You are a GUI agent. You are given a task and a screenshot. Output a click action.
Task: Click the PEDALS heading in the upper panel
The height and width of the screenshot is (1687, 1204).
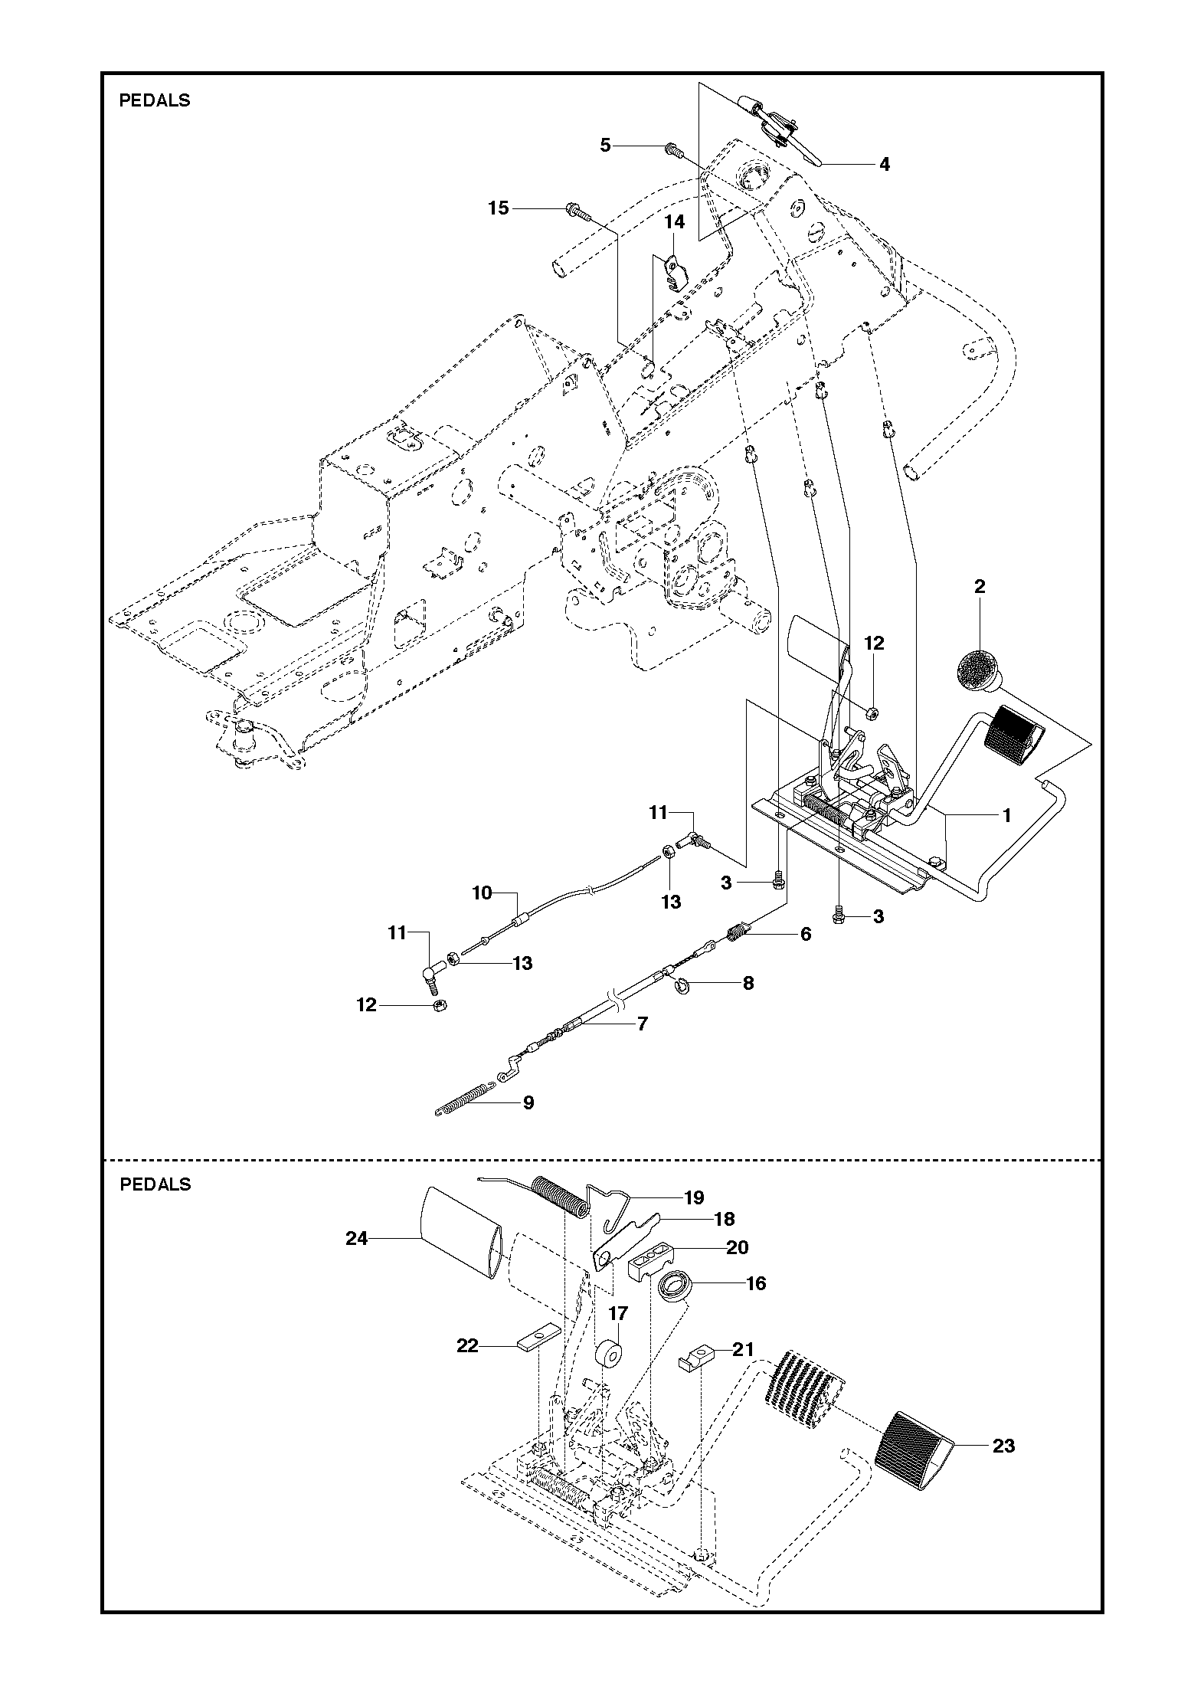pos(154,100)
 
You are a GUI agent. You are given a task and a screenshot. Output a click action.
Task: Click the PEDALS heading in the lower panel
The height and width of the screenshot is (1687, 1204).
pos(155,1184)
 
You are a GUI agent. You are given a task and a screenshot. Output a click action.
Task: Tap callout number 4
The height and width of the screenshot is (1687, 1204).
pos(884,164)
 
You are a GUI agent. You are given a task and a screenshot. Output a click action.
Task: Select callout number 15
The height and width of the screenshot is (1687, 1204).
pos(499,208)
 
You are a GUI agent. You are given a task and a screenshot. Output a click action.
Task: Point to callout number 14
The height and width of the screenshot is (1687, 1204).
pos(674,222)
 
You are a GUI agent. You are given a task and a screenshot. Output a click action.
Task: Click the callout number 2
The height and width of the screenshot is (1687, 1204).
pos(980,587)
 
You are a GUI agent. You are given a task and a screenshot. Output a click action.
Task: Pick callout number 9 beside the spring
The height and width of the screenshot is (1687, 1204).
pos(528,1102)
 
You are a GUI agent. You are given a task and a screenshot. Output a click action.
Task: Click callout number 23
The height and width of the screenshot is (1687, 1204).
pos(1003,1446)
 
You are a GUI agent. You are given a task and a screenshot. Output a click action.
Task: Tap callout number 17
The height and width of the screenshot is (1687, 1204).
pos(618,1314)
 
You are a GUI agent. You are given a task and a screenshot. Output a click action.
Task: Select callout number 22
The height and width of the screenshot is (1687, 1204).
pos(467,1345)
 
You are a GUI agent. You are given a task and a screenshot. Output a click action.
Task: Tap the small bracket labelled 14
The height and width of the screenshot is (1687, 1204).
pos(674,273)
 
